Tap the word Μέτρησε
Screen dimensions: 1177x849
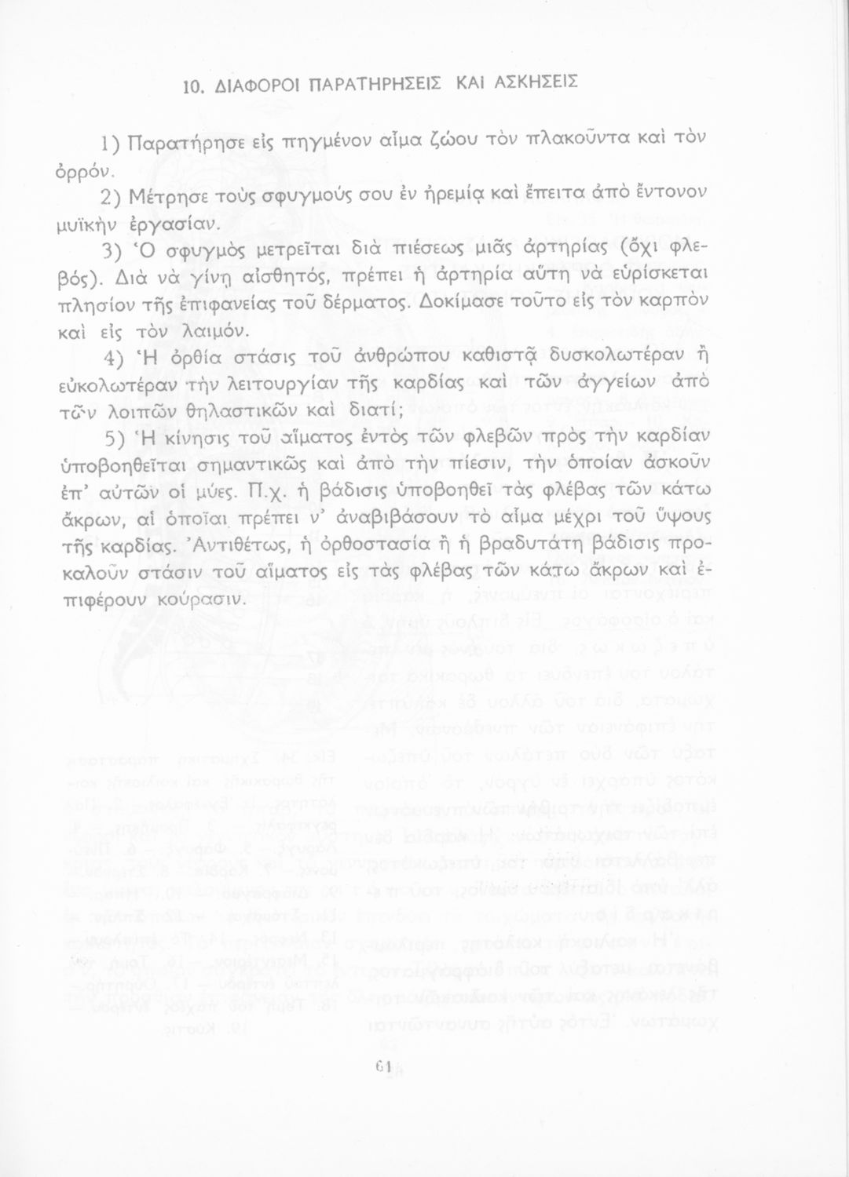coord(163,195)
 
